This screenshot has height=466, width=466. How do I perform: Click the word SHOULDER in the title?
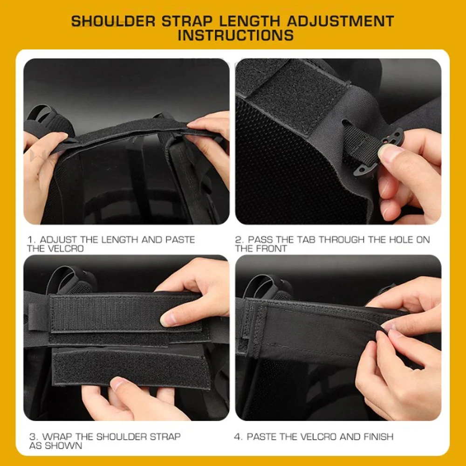[x=113, y=21]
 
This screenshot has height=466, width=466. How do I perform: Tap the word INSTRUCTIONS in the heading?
[x=236, y=35]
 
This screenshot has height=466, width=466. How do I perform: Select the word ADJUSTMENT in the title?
[x=340, y=21]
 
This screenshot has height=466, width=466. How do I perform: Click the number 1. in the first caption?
[x=32, y=240]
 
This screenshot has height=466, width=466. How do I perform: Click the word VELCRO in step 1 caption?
[x=65, y=248]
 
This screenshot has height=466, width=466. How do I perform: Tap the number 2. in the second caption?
[x=240, y=240]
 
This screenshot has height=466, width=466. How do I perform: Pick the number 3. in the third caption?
[x=34, y=437]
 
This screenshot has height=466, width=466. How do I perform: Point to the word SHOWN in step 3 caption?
[x=63, y=445]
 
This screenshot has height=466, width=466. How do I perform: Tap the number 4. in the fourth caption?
[x=239, y=437]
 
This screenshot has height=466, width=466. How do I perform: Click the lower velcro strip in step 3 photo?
[x=131, y=368]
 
